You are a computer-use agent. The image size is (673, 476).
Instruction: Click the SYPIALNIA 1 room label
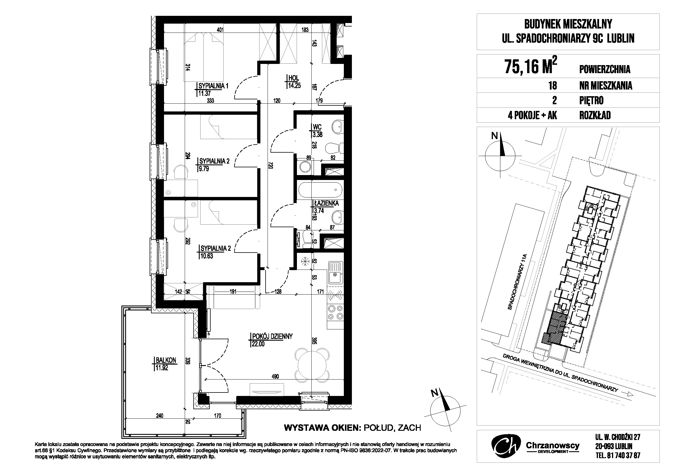click(x=213, y=86)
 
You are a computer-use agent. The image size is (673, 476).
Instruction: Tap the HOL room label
click(x=293, y=78)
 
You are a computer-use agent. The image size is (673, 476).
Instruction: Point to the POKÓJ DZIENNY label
click(x=271, y=336)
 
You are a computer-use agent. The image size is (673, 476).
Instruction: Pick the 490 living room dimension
click(x=275, y=376)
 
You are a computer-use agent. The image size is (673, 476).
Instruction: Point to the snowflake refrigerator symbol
click(x=305, y=261)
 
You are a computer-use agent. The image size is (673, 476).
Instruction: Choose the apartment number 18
click(x=553, y=85)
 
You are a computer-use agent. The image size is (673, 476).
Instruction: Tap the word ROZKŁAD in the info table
click(x=595, y=115)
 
